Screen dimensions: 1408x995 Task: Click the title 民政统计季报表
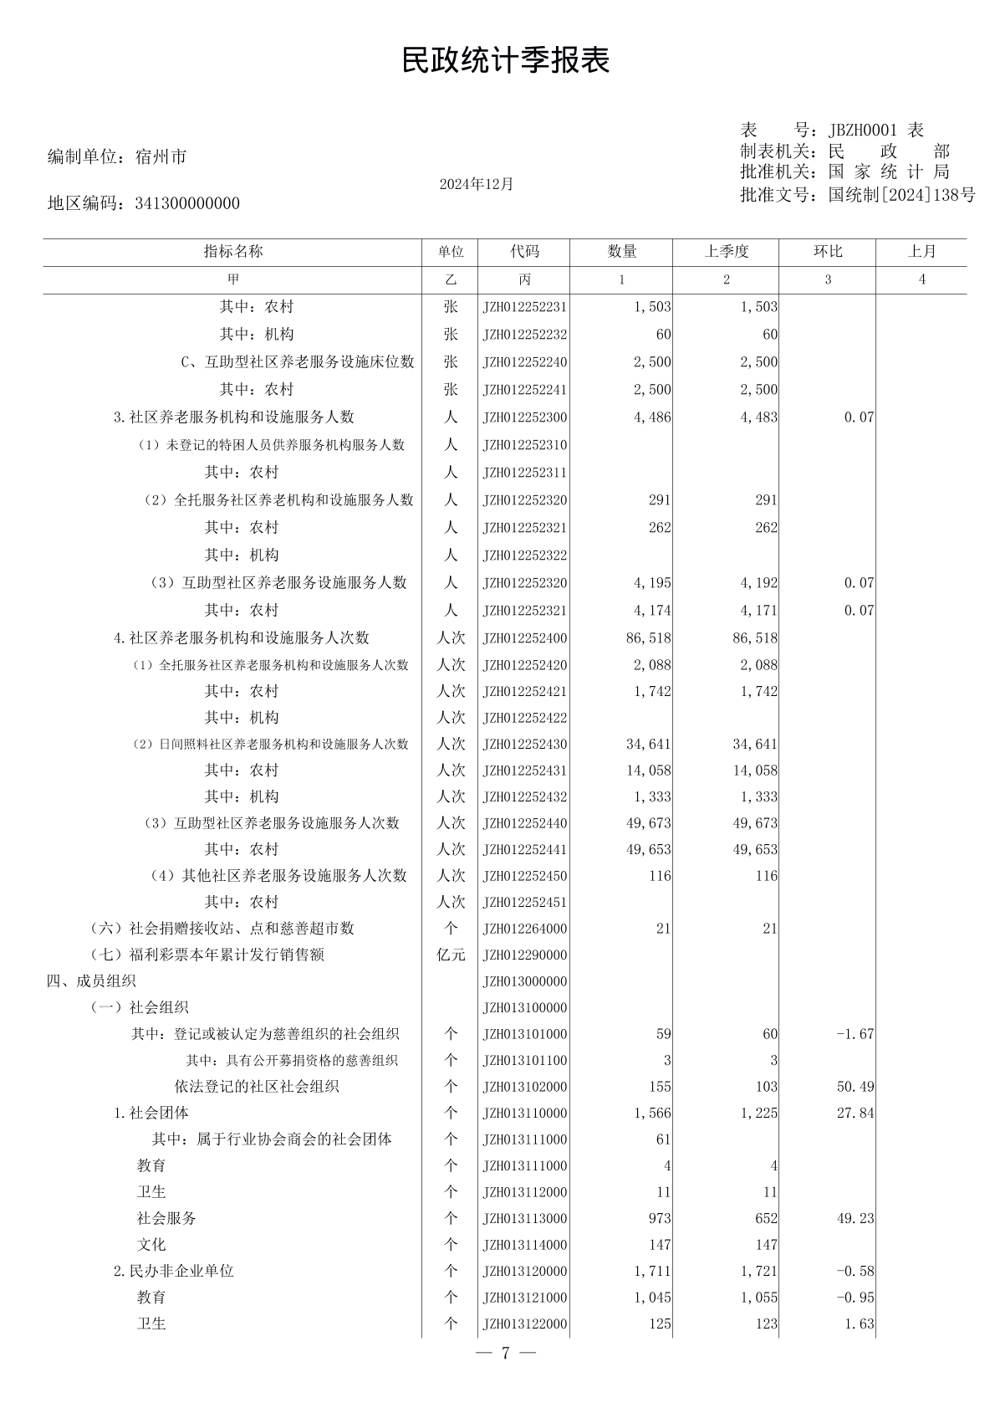505,60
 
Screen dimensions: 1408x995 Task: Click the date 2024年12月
476,184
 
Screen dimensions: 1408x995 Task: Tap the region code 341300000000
187,203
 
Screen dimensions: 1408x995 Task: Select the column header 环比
828,252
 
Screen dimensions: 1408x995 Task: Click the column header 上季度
726,252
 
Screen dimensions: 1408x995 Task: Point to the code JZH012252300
524,417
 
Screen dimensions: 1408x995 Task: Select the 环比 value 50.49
855,1087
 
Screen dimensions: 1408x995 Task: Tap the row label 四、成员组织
91,981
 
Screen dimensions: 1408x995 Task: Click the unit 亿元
451,955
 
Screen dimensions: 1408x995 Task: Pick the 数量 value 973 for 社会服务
659,1219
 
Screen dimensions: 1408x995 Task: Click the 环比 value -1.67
855,1034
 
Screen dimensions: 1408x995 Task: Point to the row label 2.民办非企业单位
174,1272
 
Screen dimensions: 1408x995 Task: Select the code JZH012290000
524,955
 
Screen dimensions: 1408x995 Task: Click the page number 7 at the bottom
505,1354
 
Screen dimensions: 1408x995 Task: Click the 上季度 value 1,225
758,1114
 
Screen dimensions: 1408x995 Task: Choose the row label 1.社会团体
151,1114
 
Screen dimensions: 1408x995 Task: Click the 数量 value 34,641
648,745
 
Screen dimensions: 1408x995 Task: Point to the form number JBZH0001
862,131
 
